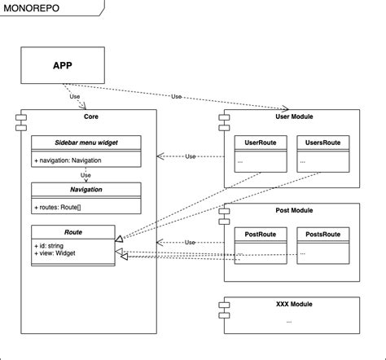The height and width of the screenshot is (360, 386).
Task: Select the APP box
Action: click(x=61, y=65)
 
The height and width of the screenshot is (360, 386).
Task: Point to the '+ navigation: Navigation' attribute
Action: click(x=68, y=160)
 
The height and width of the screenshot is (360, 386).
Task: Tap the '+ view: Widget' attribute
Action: click(x=56, y=254)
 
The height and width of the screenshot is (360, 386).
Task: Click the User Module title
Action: click(x=293, y=117)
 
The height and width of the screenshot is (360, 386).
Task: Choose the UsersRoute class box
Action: click(x=322, y=154)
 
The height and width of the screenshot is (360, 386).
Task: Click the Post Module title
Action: click(x=293, y=211)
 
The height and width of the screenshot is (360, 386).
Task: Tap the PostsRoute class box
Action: click(x=322, y=247)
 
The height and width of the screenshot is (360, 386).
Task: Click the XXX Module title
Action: click(x=293, y=304)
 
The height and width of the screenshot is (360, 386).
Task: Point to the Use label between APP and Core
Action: click(x=75, y=97)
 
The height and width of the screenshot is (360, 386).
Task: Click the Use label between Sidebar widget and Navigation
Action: click(x=85, y=174)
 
